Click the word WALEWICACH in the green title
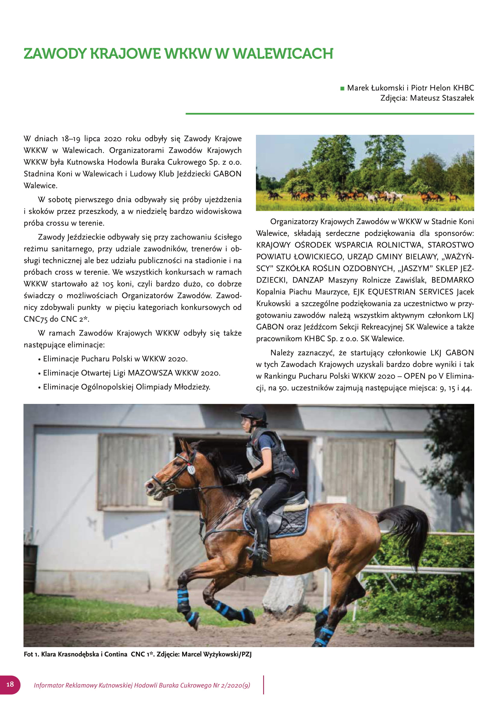tap(283, 54)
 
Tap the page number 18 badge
tap(10, 684)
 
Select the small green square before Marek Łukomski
tap(342, 88)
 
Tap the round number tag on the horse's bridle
tap(191, 470)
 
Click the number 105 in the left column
tap(107, 284)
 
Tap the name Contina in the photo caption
tap(116, 654)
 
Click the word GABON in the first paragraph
tap(227, 174)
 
